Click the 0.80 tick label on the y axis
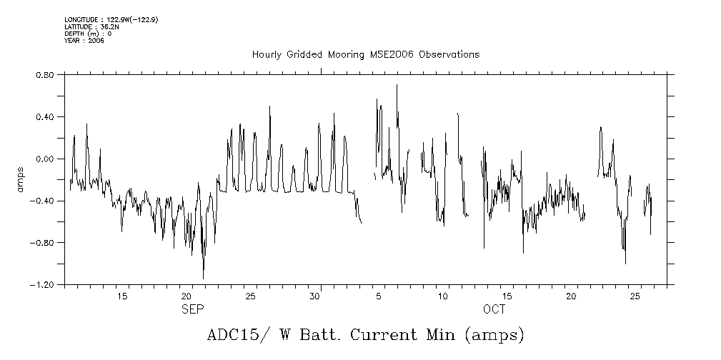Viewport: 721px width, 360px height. click(46, 74)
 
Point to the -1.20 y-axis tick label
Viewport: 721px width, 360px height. click(44, 284)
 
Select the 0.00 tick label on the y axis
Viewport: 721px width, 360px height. click(46, 159)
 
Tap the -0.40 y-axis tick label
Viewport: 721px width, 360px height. click(44, 201)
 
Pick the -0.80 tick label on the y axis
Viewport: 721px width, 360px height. click(44, 243)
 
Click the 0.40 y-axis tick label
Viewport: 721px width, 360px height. click(46, 116)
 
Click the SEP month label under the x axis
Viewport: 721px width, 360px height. click(193, 309)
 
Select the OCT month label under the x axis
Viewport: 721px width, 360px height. click(494, 309)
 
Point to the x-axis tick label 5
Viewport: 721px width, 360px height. click(379, 296)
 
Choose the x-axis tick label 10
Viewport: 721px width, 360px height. click(443, 296)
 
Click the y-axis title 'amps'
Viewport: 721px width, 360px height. click(21, 179)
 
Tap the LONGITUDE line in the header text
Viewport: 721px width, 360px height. click(111, 20)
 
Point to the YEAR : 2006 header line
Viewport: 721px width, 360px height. click(84, 41)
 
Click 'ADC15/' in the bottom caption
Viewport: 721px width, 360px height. click(229, 335)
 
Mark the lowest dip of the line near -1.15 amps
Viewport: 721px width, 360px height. click(203, 279)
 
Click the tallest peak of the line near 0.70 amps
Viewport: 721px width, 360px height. click(397, 85)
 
